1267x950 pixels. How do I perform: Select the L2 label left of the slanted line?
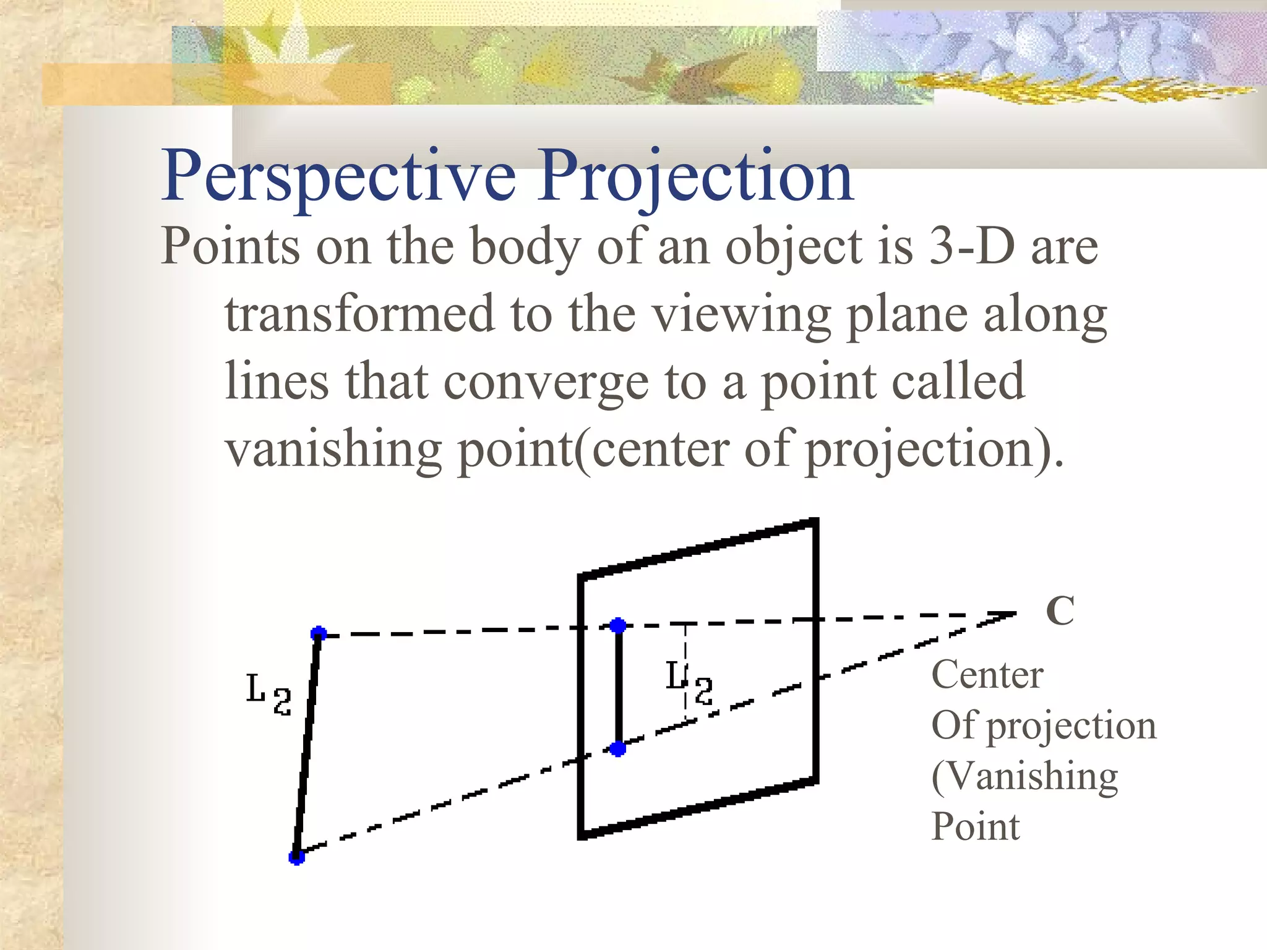click(268, 694)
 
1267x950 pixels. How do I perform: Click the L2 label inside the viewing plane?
click(689, 682)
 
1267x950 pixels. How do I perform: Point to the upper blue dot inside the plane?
click(618, 626)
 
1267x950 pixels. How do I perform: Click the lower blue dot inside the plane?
click(618, 749)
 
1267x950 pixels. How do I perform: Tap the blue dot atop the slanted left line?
click(319, 633)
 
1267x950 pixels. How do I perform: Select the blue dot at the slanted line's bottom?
click(297, 857)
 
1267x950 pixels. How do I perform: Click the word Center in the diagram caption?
click(987, 675)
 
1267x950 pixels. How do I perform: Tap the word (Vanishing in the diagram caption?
click(1024, 777)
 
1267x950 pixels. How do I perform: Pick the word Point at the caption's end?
click(976, 827)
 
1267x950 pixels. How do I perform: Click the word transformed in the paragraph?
click(359, 314)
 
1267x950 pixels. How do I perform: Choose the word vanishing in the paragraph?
click(333, 450)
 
